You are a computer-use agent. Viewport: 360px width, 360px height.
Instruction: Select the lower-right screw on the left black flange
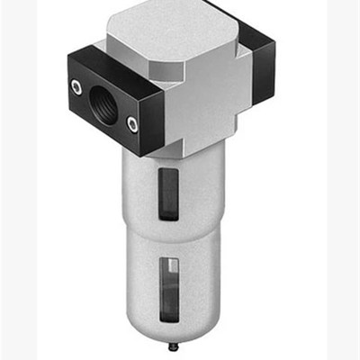click(x=133, y=123)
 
